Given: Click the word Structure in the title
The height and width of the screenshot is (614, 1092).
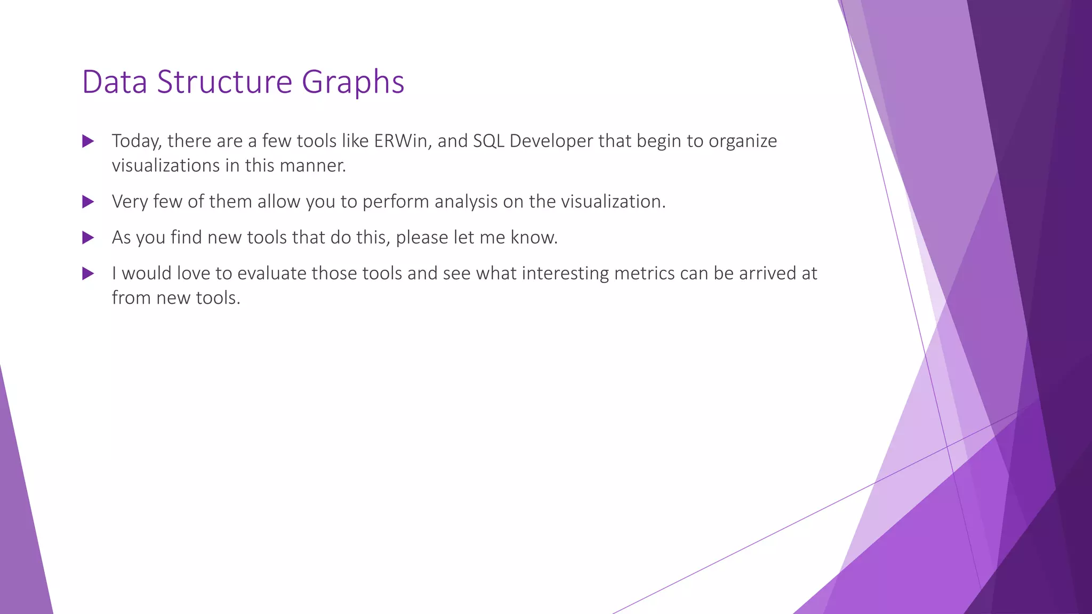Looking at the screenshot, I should coord(224,82).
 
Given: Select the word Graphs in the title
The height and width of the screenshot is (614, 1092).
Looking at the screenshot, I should coord(353,83).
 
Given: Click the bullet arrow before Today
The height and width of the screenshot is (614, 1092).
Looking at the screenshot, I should coord(88,142).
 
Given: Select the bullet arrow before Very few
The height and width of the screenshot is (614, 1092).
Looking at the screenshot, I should coord(88,202).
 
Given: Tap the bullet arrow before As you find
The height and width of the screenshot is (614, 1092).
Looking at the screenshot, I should coord(88,238).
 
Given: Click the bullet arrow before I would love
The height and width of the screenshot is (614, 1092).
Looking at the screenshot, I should coord(88,274).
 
